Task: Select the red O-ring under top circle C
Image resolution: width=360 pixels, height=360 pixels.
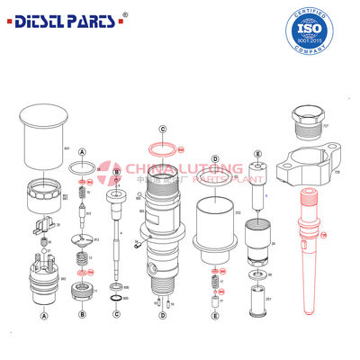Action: (162, 147)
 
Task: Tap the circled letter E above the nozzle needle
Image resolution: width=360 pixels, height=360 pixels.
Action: (258, 155)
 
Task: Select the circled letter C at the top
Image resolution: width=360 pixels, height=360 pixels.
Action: (162, 129)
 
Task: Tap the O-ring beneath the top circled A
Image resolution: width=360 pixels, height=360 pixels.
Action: (82, 168)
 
